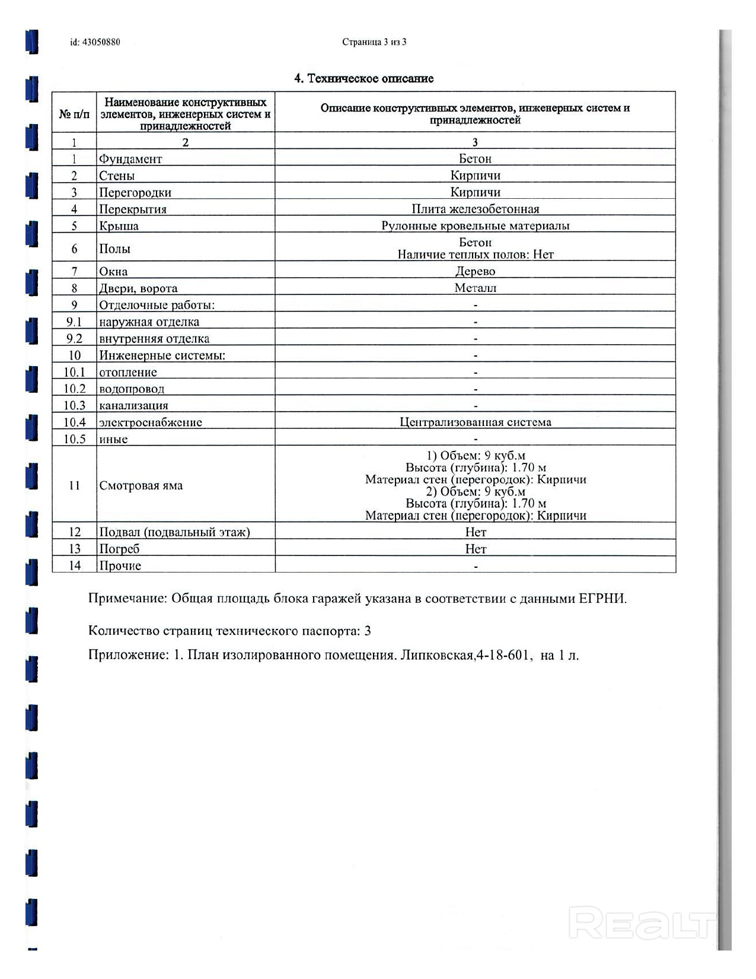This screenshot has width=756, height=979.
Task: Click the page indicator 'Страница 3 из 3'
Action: [x=374, y=42]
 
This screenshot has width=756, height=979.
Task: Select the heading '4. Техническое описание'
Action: [x=364, y=79]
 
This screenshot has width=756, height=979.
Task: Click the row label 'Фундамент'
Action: [x=130, y=159]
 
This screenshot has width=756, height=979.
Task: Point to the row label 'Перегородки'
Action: [x=135, y=193]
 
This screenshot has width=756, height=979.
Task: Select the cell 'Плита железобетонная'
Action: [x=476, y=209]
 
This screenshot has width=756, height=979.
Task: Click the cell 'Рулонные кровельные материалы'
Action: [x=476, y=226]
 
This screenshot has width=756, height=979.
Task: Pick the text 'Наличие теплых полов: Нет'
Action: [x=476, y=255]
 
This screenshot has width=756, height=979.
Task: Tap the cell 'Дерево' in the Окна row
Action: [x=476, y=272]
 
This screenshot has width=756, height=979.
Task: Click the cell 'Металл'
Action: [x=476, y=288]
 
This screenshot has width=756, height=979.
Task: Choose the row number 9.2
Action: [x=74, y=339]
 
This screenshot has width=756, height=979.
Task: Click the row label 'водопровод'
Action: [x=132, y=389]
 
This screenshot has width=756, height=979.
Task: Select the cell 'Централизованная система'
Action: [x=476, y=422]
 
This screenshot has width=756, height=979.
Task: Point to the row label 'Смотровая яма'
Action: [x=141, y=486]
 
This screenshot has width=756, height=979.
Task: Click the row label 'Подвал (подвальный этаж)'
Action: [x=174, y=532]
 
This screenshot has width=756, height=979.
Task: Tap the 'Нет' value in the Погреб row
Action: [x=476, y=549]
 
